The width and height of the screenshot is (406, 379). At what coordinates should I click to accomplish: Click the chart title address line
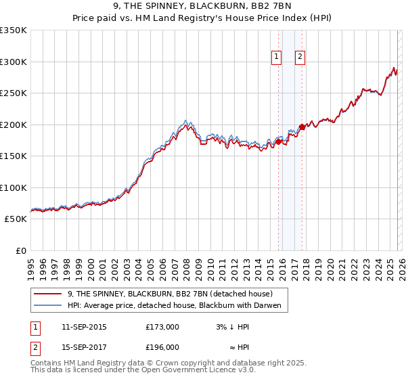tap(202, 7)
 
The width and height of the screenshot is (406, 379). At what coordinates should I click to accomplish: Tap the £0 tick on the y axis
tap(21, 250)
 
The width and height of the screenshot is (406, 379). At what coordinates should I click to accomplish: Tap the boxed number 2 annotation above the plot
tap(299, 58)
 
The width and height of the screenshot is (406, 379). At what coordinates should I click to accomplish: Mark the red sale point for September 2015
tap(278, 141)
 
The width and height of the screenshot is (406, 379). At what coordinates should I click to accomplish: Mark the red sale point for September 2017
tap(302, 127)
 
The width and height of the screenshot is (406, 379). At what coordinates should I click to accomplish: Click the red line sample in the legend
tap(48, 294)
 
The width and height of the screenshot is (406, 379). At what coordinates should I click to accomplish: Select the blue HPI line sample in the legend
tap(48, 305)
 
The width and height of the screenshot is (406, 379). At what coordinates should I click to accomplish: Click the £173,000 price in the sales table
tap(162, 327)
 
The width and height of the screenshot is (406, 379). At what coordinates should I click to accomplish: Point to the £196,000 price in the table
tap(162, 347)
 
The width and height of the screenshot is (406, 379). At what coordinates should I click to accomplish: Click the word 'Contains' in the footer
tap(47, 363)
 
